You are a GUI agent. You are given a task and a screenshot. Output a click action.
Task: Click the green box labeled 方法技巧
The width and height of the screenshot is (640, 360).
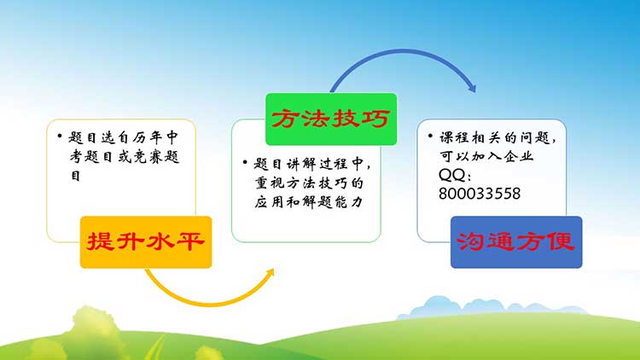331,119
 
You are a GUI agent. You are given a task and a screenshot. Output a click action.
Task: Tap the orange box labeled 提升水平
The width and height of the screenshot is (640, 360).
146,242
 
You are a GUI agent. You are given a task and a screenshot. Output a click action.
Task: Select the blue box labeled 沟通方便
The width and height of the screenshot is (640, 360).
516,242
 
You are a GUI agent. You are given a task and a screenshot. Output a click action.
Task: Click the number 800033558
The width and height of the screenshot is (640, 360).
480,194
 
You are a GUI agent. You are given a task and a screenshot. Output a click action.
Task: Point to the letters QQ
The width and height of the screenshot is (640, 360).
451,175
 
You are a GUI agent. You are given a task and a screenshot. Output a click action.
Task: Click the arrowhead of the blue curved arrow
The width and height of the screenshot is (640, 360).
472,87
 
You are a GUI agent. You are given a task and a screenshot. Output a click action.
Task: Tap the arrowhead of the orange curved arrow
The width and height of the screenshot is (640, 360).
270,274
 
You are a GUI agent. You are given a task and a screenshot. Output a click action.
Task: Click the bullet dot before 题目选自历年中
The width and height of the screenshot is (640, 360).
60,136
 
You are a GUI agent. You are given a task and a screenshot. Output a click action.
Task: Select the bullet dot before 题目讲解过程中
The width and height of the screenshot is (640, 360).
245,162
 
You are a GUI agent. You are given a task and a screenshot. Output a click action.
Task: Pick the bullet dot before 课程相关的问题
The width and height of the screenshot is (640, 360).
430,136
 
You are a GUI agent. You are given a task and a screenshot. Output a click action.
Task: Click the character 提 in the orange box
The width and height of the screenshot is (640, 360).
100,241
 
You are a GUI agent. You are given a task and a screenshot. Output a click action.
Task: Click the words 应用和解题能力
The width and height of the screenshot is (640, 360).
309,201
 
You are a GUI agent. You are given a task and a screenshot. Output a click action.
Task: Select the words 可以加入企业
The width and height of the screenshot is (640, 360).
486,156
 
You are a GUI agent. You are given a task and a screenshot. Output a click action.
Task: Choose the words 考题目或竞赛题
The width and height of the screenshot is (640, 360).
125,156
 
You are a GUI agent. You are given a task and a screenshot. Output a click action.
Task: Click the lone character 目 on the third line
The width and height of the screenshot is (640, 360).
75,176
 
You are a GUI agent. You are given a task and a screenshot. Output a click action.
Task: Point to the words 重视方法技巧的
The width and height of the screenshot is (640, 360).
309,183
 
